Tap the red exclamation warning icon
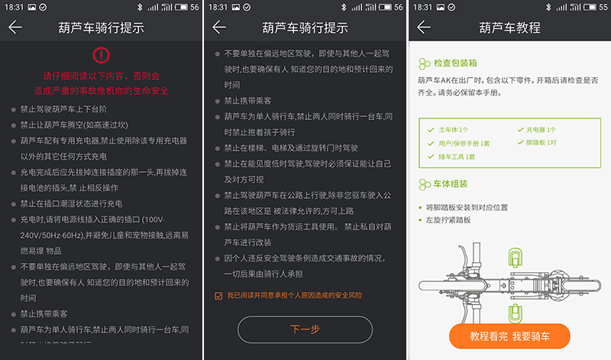pos(102,55)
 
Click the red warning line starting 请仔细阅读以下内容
pos(102,76)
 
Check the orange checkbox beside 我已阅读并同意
pos(219,295)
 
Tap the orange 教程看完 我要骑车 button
pos(509,336)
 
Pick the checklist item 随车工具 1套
pos(456,157)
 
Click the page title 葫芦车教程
pos(509,28)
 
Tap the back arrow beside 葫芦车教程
pos(424,28)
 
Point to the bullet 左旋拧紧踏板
pos(448,220)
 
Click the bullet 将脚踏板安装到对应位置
pos(467,207)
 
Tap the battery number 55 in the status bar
pos(602,6)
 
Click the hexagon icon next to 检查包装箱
pos(425,65)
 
